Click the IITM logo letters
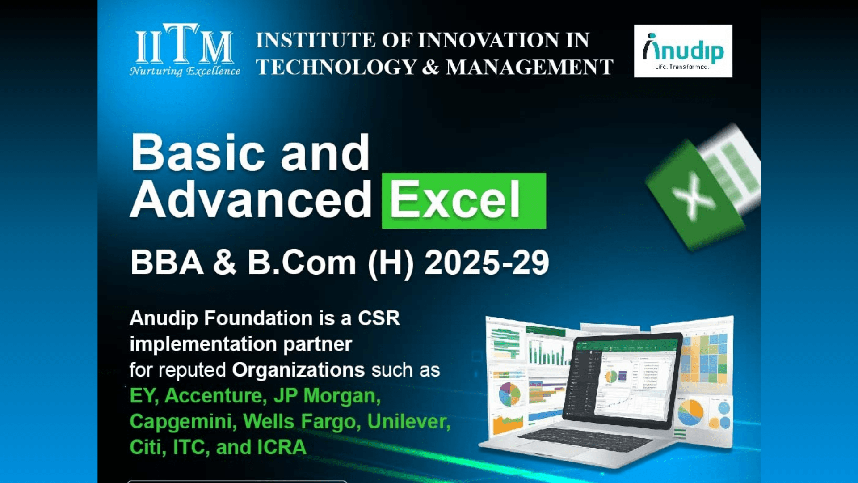click(184, 43)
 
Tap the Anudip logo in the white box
click(683, 51)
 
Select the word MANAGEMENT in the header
click(530, 67)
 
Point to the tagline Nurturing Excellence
click(185, 71)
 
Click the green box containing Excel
click(464, 200)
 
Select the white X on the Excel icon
click(693, 197)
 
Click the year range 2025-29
click(487, 263)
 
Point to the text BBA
click(167, 263)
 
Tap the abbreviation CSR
click(379, 318)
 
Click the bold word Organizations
click(299, 370)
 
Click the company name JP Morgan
click(327, 396)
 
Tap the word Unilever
click(409, 422)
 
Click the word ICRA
click(282, 447)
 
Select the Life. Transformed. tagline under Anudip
click(682, 67)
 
